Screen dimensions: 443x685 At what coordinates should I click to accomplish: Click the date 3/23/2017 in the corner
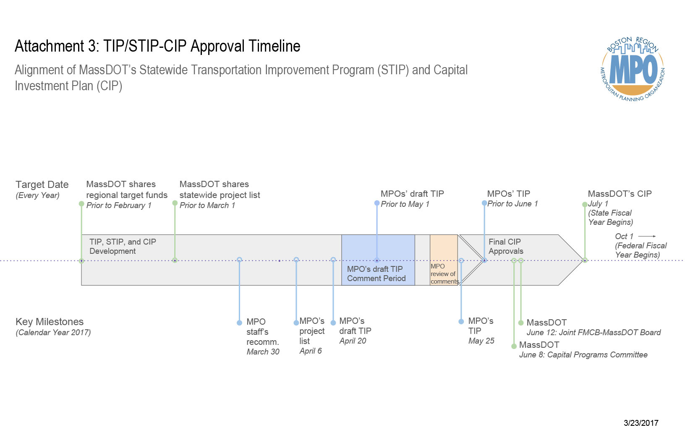tap(641, 423)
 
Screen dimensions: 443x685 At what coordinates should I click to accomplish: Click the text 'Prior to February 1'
tap(119, 205)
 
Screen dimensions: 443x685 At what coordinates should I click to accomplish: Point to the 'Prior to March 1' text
tap(207, 205)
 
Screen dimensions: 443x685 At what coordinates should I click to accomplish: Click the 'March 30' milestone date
tap(263, 352)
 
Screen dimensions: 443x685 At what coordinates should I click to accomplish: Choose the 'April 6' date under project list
tap(311, 351)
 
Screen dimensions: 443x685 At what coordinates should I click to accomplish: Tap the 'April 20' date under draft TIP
tap(353, 341)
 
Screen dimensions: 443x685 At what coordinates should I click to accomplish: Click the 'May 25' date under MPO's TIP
tap(481, 341)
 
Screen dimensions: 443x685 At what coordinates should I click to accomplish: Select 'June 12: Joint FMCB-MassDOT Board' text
tap(593, 332)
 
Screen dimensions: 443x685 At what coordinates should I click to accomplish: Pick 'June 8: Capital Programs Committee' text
tap(583, 354)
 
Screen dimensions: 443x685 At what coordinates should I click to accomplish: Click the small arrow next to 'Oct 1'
tap(647, 236)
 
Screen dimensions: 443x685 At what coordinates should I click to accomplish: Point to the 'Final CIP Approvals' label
tap(505, 246)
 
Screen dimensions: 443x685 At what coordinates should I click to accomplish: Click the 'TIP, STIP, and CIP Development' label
tap(123, 246)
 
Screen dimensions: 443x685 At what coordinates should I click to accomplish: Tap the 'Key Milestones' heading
tap(50, 322)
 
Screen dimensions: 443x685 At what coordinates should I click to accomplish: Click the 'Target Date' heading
tap(42, 185)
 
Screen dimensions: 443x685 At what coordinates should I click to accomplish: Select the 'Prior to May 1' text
tap(405, 204)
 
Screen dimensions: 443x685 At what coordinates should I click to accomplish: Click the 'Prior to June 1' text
tap(512, 203)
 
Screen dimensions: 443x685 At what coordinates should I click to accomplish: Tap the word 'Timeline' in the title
tap(274, 46)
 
